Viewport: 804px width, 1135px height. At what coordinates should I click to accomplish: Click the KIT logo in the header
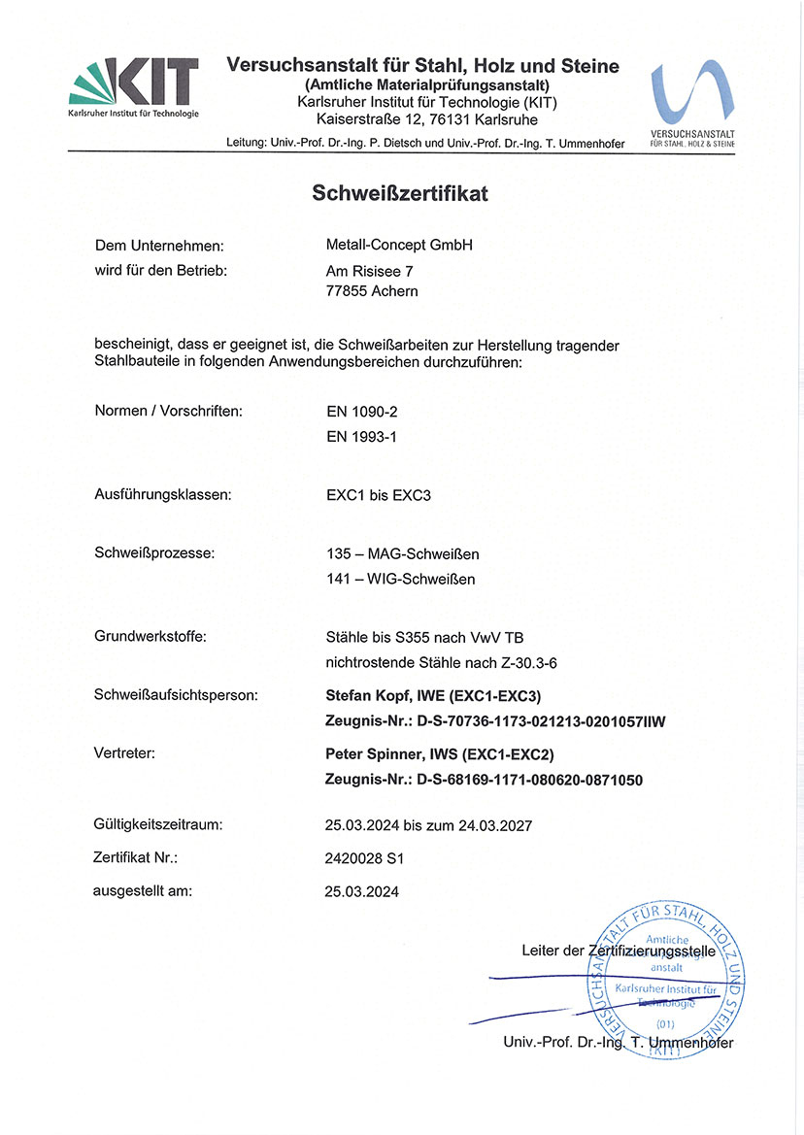[x=134, y=85]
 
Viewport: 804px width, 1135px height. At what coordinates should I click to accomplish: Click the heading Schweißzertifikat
[x=400, y=193]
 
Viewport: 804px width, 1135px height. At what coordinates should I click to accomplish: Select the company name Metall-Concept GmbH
[x=399, y=246]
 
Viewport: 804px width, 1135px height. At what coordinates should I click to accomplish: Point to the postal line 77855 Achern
[x=372, y=291]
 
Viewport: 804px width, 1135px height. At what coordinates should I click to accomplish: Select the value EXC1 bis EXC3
[x=378, y=495]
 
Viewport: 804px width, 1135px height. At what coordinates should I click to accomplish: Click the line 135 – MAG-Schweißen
[x=403, y=554]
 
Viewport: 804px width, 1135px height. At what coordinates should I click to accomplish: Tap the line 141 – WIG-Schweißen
[x=401, y=580]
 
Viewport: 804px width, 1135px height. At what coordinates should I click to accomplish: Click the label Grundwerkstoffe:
[x=151, y=637]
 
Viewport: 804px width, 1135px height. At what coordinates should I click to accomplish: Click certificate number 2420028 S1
[x=364, y=858]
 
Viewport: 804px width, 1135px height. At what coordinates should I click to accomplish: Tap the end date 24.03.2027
[x=498, y=826]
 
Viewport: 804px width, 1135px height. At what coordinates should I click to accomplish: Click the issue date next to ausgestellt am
[x=361, y=891]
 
